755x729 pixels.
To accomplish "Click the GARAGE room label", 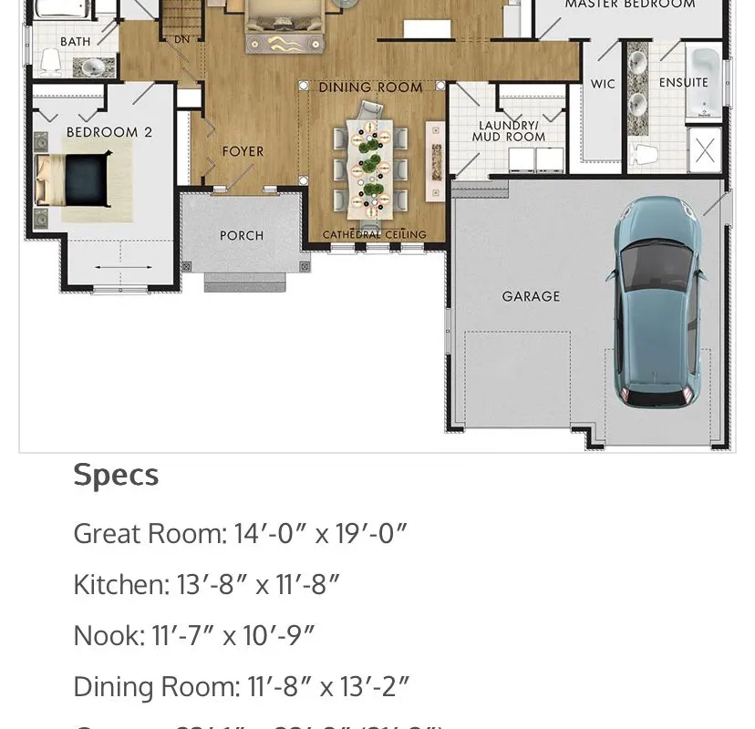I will click(531, 296).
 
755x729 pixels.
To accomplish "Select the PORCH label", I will click(242, 236).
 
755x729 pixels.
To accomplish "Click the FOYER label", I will click(243, 152).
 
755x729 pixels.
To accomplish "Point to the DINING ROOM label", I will click(370, 87).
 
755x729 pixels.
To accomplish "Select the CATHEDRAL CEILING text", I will click(374, 235).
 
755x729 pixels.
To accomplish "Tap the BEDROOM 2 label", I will click(109, 132).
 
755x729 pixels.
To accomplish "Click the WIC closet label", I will click(603, 84).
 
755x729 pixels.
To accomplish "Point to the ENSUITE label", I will click(683, 83).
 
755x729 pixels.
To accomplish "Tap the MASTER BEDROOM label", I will click(629, 5).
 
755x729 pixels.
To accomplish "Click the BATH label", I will click(76, 42).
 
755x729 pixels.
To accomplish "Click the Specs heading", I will click(116, 475).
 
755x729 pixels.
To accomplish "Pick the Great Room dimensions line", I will click(239, 533).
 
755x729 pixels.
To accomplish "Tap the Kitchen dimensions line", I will click(206, 584).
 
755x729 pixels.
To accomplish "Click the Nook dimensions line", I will click(193, 635).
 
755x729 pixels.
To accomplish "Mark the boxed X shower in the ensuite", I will click(705, 150).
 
